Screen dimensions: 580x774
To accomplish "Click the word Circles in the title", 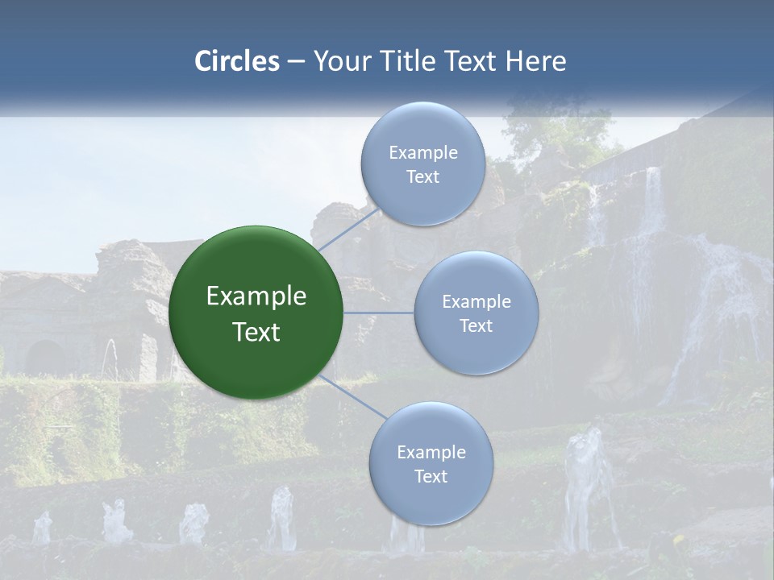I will point(236,61).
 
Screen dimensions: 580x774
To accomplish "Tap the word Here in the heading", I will point(535,61).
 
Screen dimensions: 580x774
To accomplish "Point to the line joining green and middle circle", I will point(379,313).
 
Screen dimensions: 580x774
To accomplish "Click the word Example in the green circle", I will point(256,296).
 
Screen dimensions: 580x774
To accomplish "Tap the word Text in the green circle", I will point(256,332).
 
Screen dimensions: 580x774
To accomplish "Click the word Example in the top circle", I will point(422,153).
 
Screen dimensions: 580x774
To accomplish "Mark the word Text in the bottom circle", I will point(431,477).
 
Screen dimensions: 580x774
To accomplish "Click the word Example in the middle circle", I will point(476,302).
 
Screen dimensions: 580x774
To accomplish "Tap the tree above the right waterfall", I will point(556,129).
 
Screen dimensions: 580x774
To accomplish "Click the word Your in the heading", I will point(342,61).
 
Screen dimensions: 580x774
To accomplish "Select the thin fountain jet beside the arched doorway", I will point(111,358).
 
